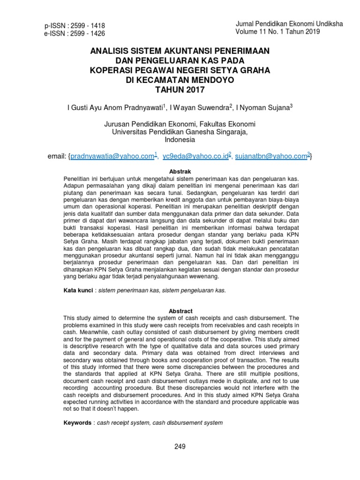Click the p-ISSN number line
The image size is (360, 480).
pos(74,25)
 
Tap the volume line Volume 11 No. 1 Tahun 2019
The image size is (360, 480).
pos(278,31)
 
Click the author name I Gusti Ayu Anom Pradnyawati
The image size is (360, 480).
pos(115,107)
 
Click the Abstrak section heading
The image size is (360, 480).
pos(180,172)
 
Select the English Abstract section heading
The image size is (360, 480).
pos(180,311)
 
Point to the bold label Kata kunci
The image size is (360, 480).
pos(78,291)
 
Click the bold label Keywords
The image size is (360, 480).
pos(77,423)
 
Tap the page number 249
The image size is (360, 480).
pos(180,447)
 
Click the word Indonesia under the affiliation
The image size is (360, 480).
pos(180,140)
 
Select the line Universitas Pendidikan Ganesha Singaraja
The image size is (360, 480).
pos(180,132)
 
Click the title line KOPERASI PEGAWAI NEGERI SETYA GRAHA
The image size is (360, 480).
pos(180,70)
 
